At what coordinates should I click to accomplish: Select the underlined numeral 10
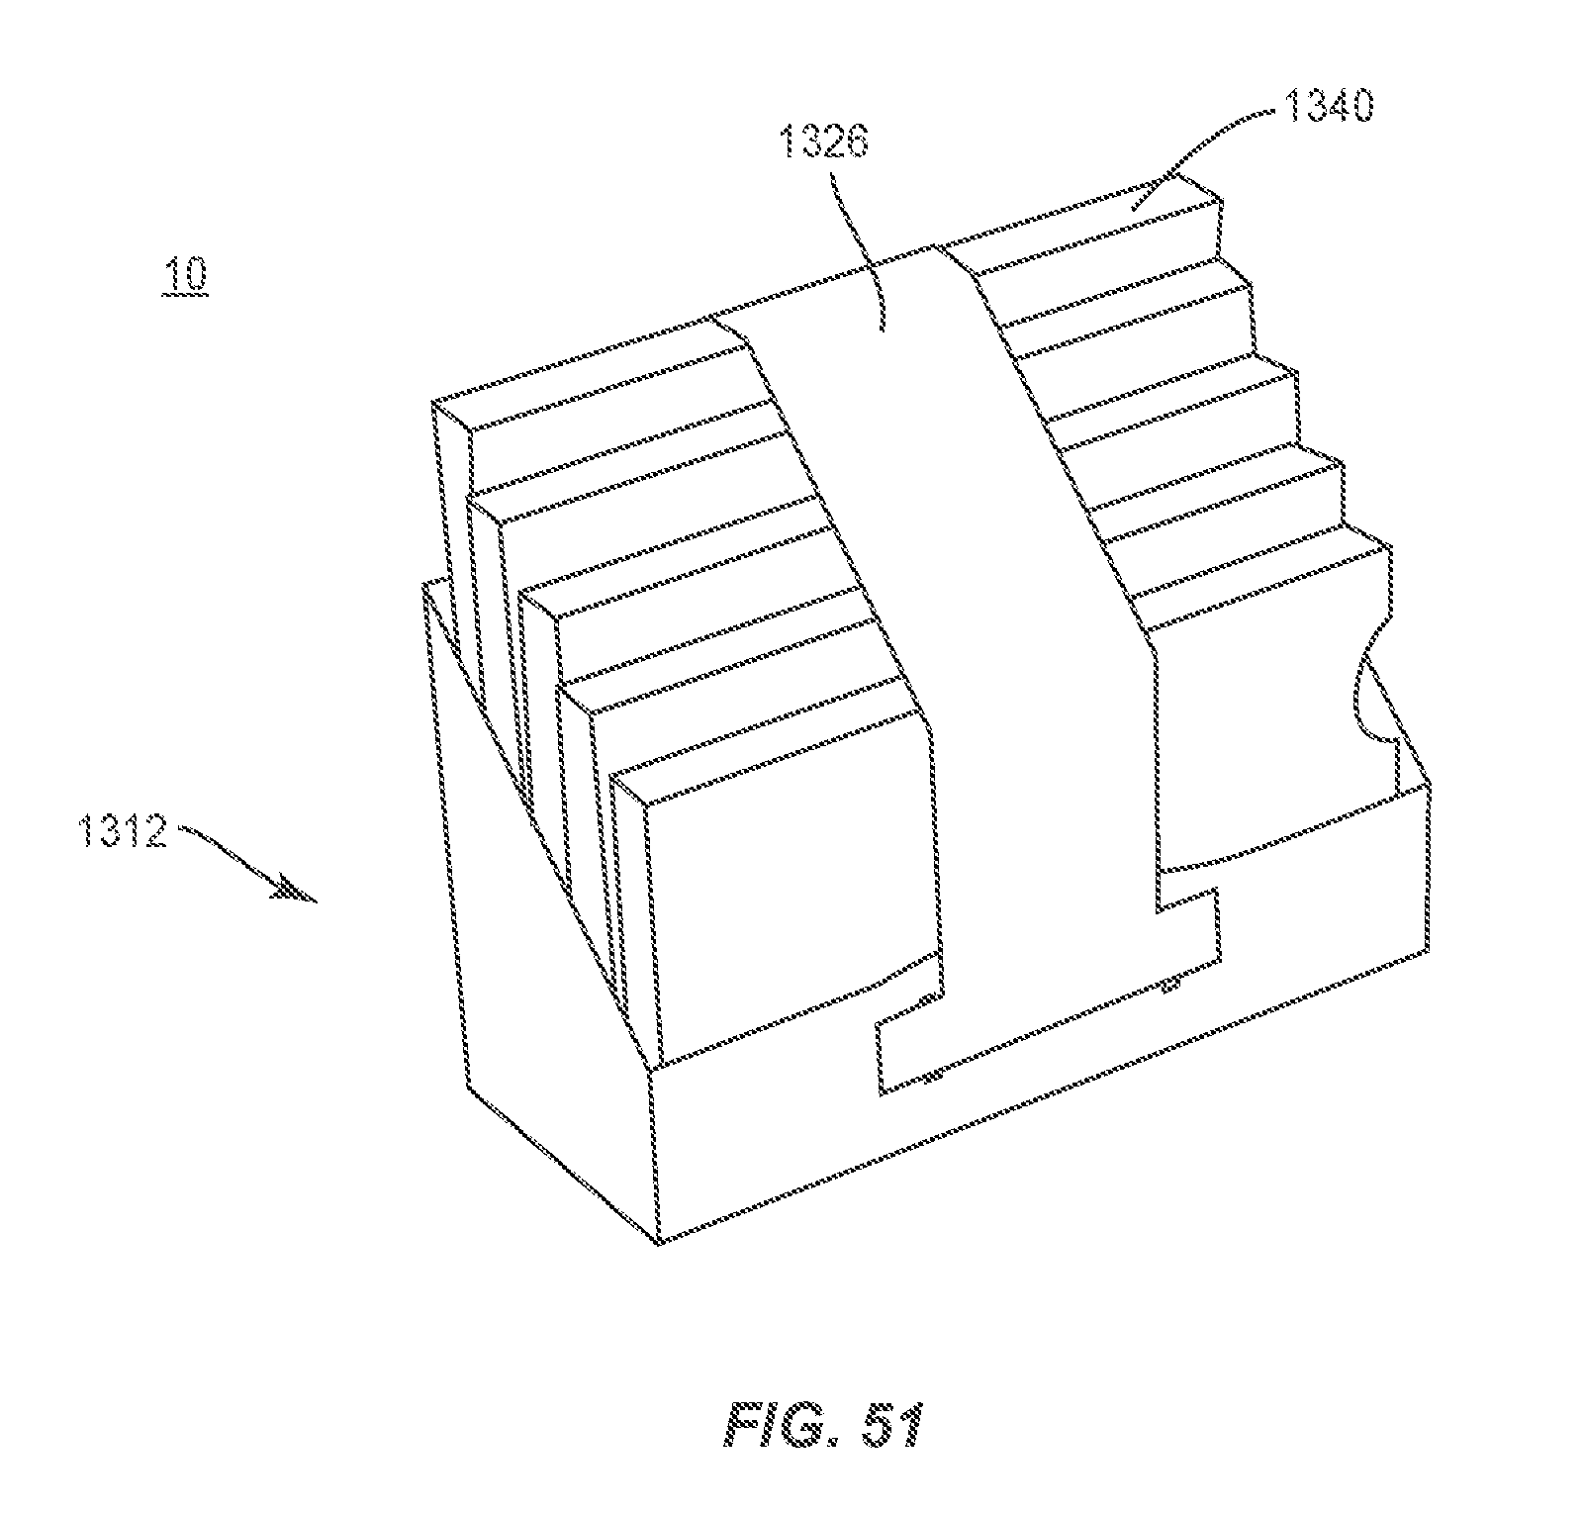[x=186, y=274]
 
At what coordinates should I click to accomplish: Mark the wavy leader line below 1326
[x=859, y=247]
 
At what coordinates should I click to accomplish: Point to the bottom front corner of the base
[x=656, y=1239]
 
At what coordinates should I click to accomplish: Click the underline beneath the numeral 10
[x=186, y=293]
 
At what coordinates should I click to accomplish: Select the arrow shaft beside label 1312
[x=233, y=856]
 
